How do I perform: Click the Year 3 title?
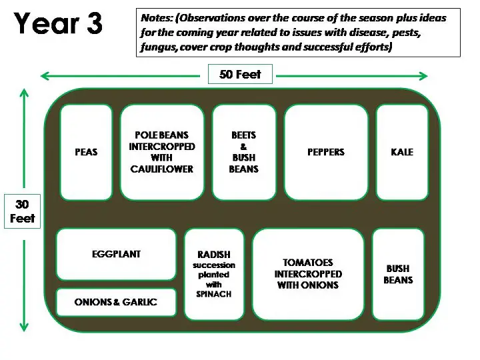click(x=58, y=23)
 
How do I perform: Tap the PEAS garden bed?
click(x=86, y=152)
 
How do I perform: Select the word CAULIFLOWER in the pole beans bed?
click(x=161, y=169)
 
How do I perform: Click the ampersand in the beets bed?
click(x=244, y=146)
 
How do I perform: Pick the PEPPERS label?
click(x=326, y=152)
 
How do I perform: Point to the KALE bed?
click(x=402, y=152)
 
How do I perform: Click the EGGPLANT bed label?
click(x=116, y=254)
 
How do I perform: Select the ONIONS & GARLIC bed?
click(x=116, y=302)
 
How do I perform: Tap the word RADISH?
click(x=214, y=255)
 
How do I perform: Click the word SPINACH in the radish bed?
click(x=214, y=294)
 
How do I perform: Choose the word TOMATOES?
click(x=308, y=263)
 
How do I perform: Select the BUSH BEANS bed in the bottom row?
click(x=398, y=274)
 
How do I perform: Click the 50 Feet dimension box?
click(x=240, y=74)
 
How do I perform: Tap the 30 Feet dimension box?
click(x=23, y=211)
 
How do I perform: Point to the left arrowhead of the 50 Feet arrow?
click(x=45, y=76)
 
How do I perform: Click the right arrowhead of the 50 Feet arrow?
click(x=423, y=76)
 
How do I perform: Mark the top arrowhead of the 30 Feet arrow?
click(x=24, y=93)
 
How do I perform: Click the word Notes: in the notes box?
click(x=157, y=18)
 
